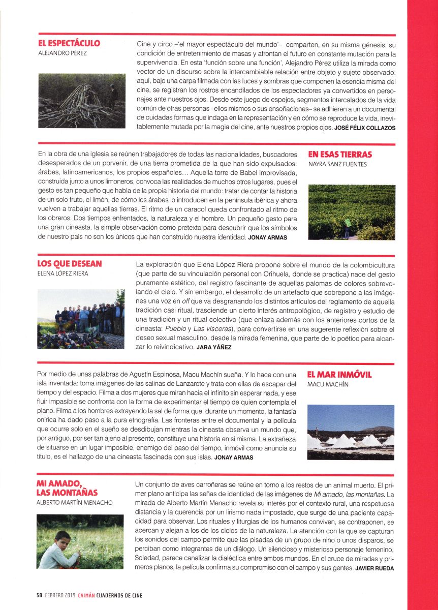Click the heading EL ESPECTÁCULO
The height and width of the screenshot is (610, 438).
(x=69, y=43)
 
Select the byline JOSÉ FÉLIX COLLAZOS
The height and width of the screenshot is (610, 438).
(x=364, y=128)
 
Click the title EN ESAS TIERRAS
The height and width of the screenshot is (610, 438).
(x=340, y=154)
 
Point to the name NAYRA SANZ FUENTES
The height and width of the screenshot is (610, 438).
(x=337, y=164)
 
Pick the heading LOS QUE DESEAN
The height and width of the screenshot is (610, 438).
(x=70, y=263)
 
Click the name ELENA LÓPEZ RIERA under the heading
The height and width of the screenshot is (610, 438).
(x=62, y=273)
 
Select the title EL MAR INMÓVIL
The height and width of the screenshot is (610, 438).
(x=339, y=375)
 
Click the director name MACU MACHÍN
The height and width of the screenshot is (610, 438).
(x=328, y=385)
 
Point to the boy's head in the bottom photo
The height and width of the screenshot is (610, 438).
(x=63, y=538)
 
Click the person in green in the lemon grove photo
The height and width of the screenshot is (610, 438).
(x=348, y=224)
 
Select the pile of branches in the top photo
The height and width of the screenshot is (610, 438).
(x=76, y=102)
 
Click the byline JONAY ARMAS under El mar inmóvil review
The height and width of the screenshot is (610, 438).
(x=234, y=457)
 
